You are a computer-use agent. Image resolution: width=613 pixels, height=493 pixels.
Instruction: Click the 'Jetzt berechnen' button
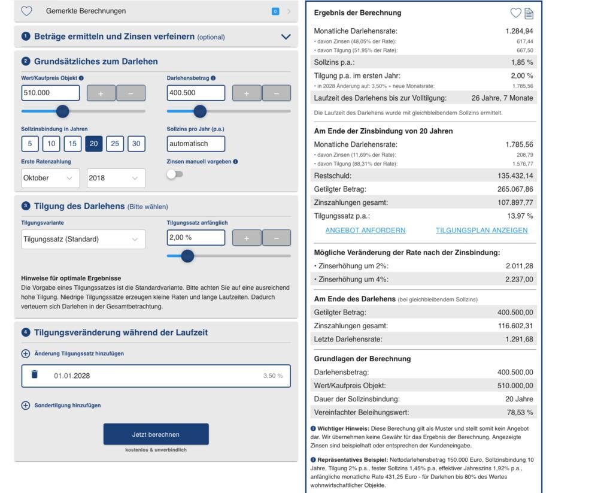(156, 434)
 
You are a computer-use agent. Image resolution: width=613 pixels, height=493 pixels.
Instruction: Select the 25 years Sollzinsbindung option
(115, 144)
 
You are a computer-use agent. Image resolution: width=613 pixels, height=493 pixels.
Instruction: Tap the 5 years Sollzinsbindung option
(30, 144)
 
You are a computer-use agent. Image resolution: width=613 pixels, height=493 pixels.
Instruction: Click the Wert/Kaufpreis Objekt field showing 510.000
(50, 93)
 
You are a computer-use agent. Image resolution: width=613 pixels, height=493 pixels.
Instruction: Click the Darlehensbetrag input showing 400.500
(196, 93)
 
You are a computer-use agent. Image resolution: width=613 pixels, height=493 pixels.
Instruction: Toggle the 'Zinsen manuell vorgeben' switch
(175, 174)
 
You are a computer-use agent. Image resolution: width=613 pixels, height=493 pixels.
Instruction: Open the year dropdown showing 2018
(116, 178)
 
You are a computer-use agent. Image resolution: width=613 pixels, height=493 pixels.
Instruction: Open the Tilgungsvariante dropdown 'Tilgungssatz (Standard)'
(83, 239)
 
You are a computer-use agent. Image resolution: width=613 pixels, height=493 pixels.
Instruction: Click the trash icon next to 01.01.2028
(35, 375)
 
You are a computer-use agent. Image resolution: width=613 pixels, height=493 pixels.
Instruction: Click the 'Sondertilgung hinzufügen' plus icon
(26, 406)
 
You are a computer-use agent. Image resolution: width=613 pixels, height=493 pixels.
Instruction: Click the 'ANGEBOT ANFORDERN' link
(365, 230)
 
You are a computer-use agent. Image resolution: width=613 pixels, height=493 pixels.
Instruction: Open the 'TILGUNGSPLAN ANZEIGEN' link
(481, 230)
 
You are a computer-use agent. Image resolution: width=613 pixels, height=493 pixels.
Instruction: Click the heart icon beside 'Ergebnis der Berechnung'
(515, 13)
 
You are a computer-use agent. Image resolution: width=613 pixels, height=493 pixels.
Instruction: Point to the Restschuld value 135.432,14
(515, 176)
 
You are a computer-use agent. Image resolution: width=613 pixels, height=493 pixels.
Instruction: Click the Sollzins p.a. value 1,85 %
(521, 62)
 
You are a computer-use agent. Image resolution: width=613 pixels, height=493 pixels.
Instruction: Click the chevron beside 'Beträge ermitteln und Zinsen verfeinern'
(286, 37)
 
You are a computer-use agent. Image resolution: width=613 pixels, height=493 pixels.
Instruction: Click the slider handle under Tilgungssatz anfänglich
(187, 256)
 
